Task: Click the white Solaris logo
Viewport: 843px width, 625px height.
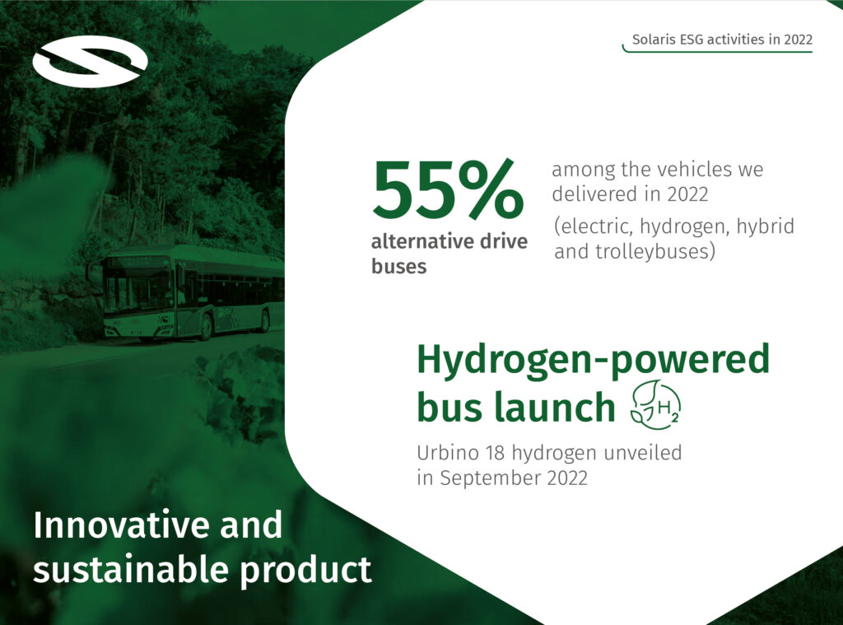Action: (90, 61)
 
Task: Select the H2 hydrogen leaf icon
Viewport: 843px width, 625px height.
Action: (654, 405)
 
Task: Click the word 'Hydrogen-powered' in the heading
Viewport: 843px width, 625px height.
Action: (593, 360)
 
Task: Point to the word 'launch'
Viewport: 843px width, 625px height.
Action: (554, 407)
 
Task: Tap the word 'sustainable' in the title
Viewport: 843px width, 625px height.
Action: (131, 570)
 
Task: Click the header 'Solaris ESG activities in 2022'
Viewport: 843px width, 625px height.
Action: (722, 40)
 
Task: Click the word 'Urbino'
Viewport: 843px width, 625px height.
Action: (448, 453)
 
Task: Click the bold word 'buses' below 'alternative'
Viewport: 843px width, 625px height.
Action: (399, 266)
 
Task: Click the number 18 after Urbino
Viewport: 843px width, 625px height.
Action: (495, 453)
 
